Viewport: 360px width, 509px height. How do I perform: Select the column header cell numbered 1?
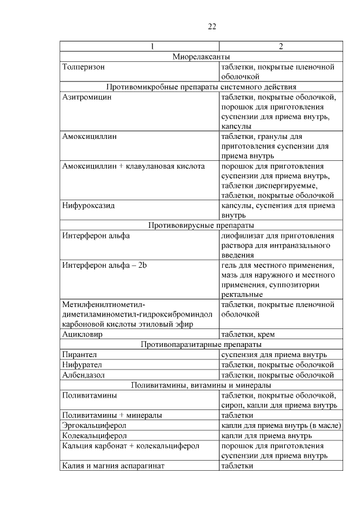pyautogui.click(x=139, y=46)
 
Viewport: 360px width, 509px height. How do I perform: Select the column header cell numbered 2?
pyautogui.click(x=280, y=46)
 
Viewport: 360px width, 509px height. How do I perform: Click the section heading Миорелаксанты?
pyautogui.click(x=201, y=56)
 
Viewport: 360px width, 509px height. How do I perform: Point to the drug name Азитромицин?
pyautogui.click(x=87, y=97)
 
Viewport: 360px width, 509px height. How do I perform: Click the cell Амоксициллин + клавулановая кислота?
pyautogui.click(x=134, y=166)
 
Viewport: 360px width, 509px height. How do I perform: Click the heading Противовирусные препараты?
pyautogui.click(x=201, y=226)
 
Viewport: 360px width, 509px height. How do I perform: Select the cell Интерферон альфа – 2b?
pyautogui.click(x=105, y=265)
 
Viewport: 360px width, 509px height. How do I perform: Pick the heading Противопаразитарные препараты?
pyautogui.click(x=201, y=344)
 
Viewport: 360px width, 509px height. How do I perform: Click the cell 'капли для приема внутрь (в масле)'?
pyautogui.click(x=281, y=425)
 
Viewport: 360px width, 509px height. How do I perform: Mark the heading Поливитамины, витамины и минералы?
pyautogui.click(x=201, y=385)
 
